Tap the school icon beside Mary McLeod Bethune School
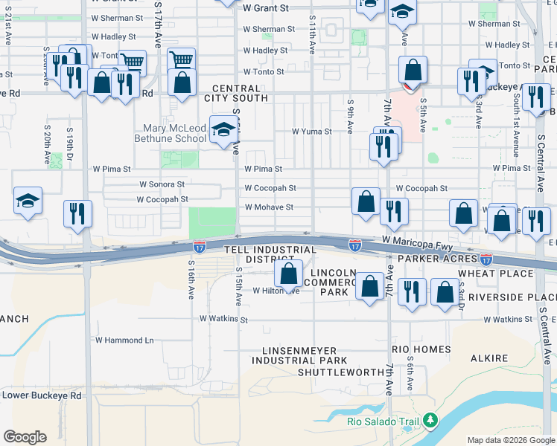pos(223,131)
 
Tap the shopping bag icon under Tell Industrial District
pos(288,274)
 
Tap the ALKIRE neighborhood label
pos(490,358)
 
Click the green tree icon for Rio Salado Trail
pos(430,421)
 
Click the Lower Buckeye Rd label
pos(42,395)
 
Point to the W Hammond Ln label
pos(124,340)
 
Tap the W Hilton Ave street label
pos(276,291)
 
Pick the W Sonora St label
pos(162,184)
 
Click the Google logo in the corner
pos(25,437)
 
